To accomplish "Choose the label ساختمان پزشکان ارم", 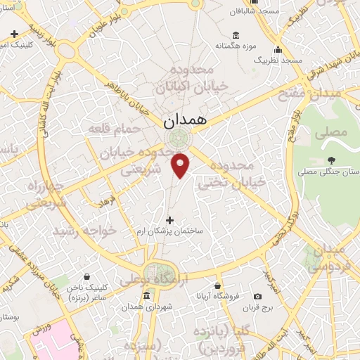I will click(168, 231).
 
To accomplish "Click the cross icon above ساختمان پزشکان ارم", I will click(169, 220).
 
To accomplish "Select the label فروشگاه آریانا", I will click(218, 296).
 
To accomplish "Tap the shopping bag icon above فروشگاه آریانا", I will click(218, 285).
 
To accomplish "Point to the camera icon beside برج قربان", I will click(257, 296).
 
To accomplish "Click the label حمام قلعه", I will click(107, 128).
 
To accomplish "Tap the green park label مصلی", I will click(335, 131).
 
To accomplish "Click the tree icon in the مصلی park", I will click(331, 160).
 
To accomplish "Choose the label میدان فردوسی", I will click(328, 259).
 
